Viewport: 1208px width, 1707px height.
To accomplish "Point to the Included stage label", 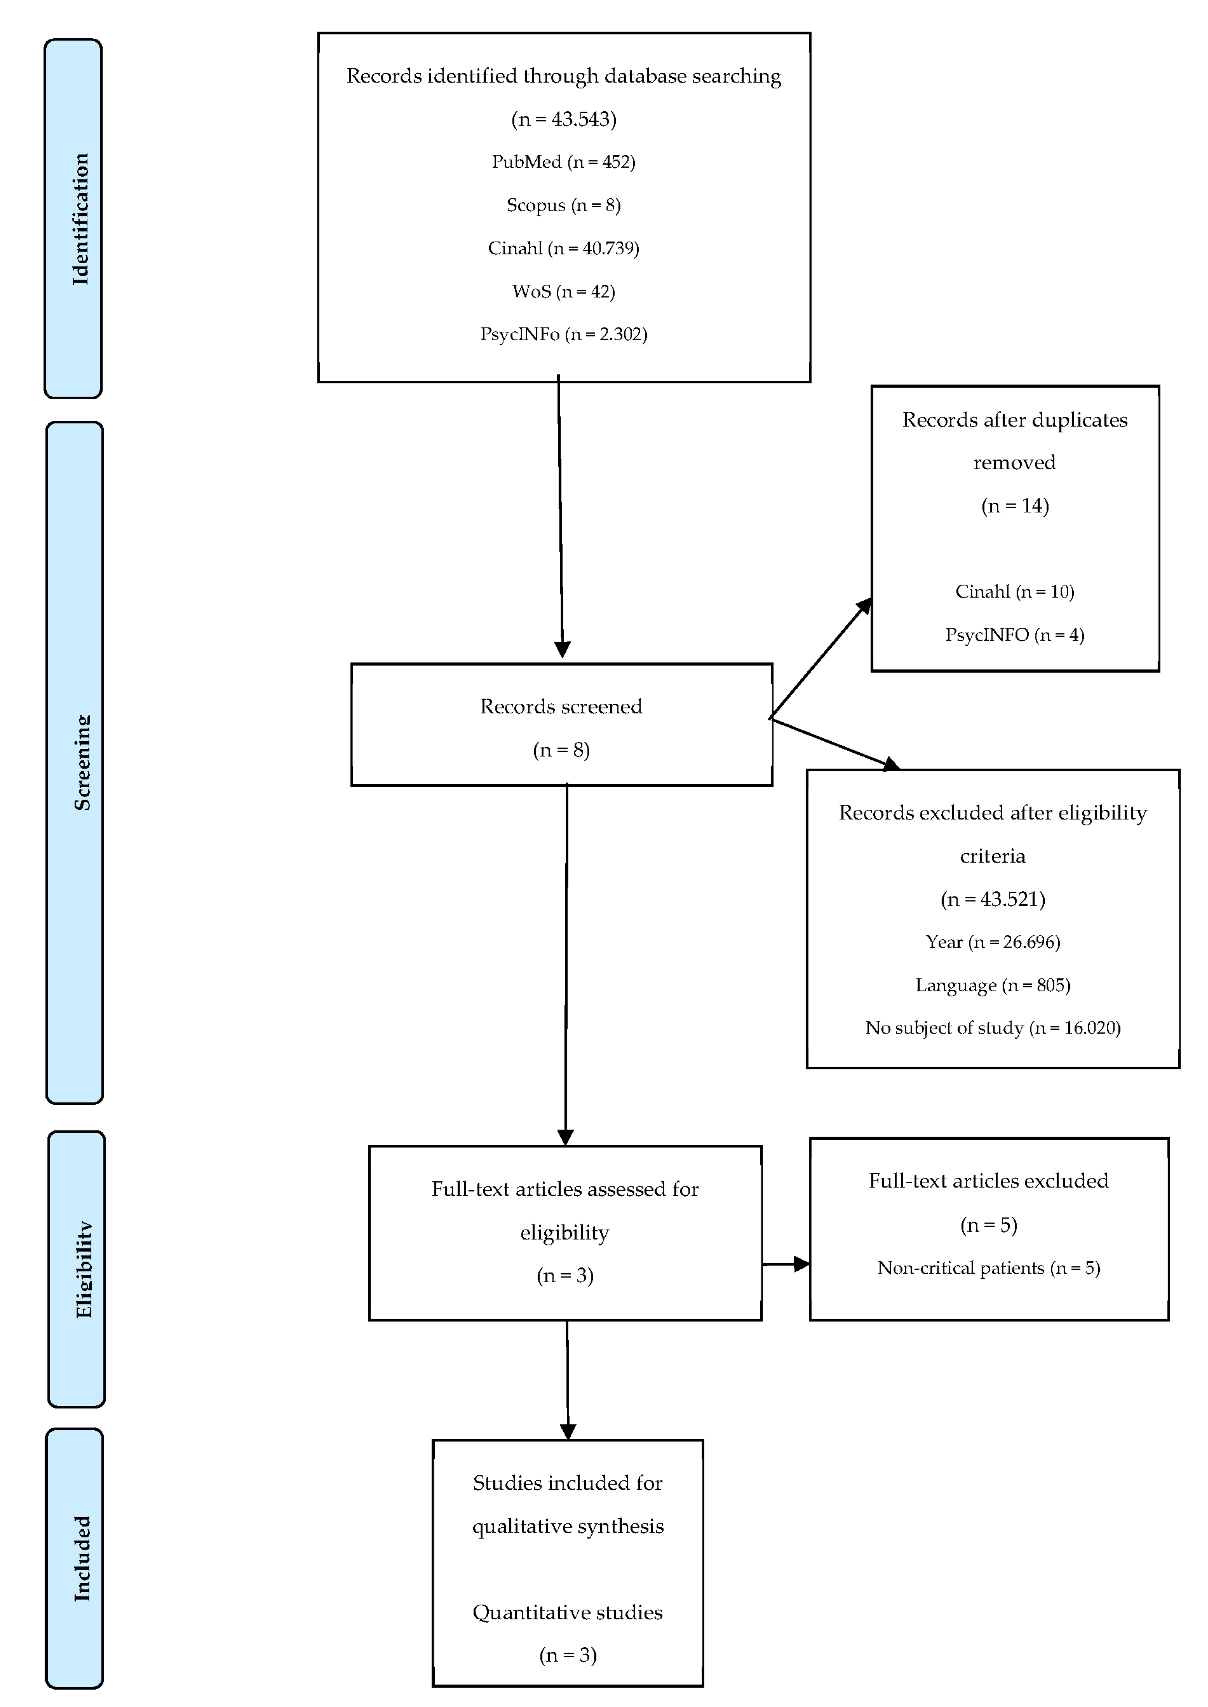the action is pos(82,1558).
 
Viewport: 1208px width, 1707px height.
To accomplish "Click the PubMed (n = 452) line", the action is pos(564,161).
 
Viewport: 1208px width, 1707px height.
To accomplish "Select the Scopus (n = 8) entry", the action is pos(564,205).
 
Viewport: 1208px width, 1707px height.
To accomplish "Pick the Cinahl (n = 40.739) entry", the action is pos(564,248).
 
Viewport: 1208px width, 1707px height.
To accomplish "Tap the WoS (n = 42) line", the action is pos(564,291).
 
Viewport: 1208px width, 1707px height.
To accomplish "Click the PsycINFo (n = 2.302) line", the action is pos(564,334).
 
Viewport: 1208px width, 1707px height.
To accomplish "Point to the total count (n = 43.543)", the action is pos(564,119).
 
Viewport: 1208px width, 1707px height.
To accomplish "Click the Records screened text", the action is pos(561,706).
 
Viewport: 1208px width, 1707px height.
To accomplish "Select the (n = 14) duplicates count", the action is pos(1015,506).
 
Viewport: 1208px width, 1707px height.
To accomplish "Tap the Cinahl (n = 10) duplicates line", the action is pos(1015,592).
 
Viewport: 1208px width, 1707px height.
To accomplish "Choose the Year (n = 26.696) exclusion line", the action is pos(993,942).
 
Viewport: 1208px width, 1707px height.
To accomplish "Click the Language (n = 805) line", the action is pos(993,985).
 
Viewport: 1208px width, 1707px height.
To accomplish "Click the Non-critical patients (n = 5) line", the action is pos(989,1268).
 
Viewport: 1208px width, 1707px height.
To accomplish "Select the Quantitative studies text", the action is pos(567,1613).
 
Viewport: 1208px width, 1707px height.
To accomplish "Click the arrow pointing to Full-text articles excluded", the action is pos(785,1264).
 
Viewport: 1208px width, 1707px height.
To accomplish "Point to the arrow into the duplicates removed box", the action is pos(820,658).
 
